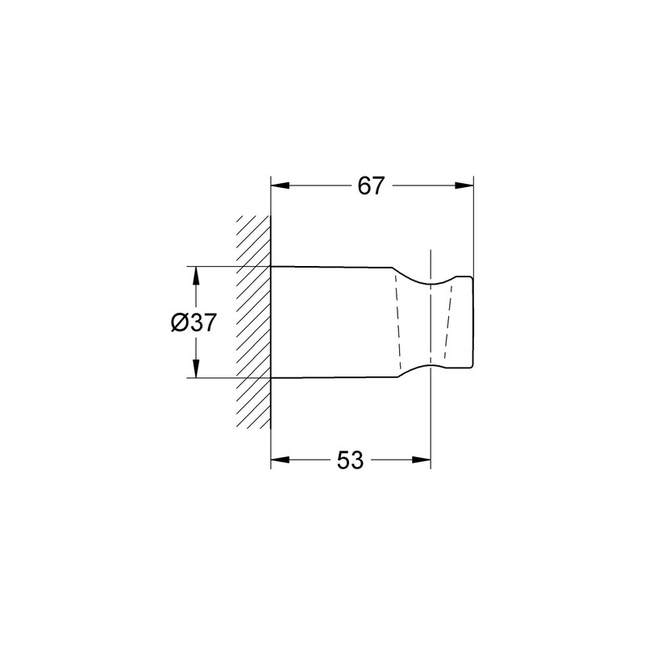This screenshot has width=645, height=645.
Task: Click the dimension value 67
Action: click(x=371, y=185)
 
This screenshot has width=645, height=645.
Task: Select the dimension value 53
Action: click(x=350, y=460)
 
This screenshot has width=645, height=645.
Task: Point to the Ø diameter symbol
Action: click(x=180, y=322)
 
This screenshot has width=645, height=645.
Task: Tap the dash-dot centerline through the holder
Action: click(x=431, y=322)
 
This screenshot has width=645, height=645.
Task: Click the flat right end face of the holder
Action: click(x=472, y=322)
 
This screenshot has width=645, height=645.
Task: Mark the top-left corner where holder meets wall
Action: click(x=270, y=265)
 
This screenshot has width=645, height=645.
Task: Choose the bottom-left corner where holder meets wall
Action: click(x=270, y=377)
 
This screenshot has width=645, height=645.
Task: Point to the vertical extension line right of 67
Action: click(x=473, y=226)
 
